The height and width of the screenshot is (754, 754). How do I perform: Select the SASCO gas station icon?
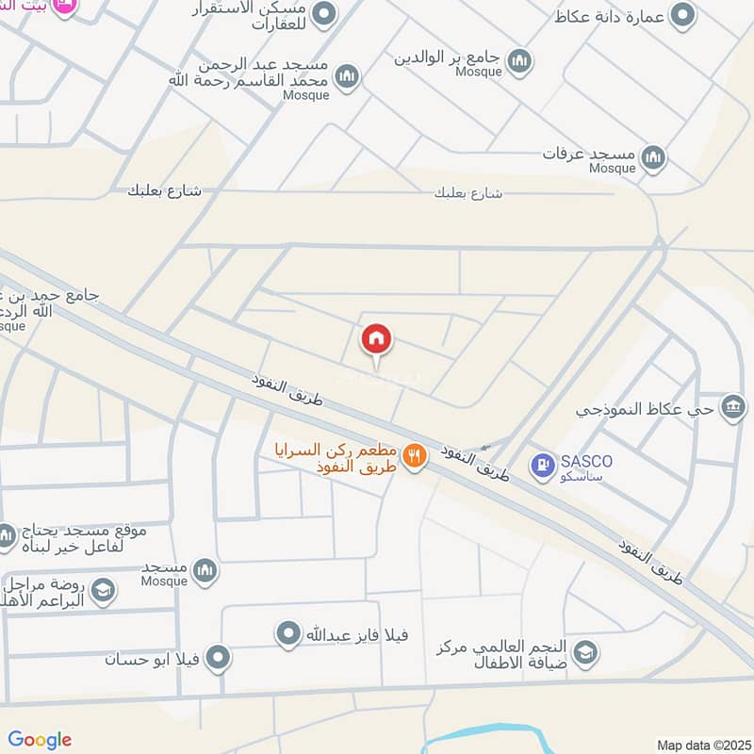(x=542, y=465)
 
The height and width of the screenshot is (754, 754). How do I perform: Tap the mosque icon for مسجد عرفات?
(x=653, y=157)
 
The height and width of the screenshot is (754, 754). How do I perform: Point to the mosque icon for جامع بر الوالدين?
(x=518, y=63)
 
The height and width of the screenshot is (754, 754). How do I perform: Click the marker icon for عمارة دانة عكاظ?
(x=681, y=15)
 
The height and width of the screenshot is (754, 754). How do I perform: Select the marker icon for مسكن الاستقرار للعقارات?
(x=325, y=15)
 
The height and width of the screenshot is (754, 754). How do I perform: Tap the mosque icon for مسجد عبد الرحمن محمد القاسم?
(x=347, y=76)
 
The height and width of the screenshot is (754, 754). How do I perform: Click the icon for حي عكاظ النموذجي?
(x=732, y=408)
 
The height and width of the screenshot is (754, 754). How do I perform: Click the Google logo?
(x=40, y=740)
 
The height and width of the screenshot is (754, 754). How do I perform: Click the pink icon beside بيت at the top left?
(x=65, y=8)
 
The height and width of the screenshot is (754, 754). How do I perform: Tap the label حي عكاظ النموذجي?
(x=647, y=410)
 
